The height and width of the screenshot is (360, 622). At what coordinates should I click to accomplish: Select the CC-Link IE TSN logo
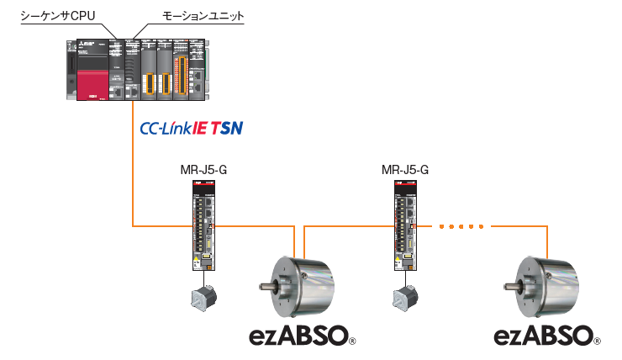coord(192,130)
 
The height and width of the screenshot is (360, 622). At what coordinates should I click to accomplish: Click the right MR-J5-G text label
coord(405,172)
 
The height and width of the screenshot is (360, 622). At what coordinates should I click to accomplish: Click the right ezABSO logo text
coord(544,336)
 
